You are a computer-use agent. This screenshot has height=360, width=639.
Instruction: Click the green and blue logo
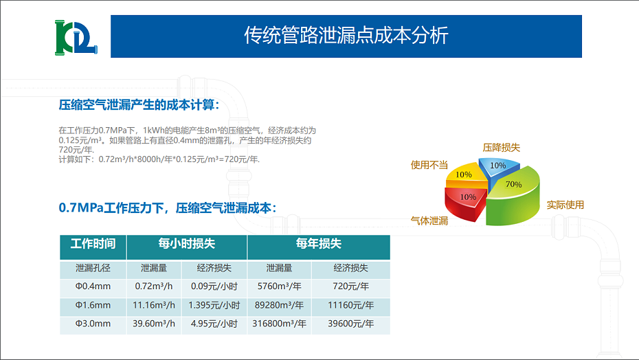(x=76, y=39)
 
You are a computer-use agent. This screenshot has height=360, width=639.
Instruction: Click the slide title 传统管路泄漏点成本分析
(x=346, y=36)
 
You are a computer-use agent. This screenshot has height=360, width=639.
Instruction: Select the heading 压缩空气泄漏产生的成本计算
(x=139, y=105)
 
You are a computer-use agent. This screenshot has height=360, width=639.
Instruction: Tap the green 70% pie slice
(x=514, y=196)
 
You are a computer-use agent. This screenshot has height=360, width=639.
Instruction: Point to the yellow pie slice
(x=464, y=176)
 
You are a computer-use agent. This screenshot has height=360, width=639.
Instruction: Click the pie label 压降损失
(x=501, y=148)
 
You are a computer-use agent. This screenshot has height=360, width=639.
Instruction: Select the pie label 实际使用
(x=565, y=205)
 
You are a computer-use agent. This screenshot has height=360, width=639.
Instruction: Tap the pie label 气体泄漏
(x=429, y=221)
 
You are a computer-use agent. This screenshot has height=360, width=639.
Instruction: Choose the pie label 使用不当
(x=429, y=165)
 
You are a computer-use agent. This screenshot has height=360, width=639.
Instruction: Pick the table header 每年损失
(x=318, y=244)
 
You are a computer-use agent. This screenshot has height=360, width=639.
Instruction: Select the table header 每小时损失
(x=187, y=244)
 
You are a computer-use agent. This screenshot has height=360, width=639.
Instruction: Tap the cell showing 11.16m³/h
(x=155, y=305)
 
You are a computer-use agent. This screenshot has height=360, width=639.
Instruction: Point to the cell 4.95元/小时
(x=214, y=324)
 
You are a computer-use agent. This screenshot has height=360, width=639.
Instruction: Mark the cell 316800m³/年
(x=279, y=324)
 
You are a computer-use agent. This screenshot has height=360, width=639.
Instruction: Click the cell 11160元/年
(x=350, y=305)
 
